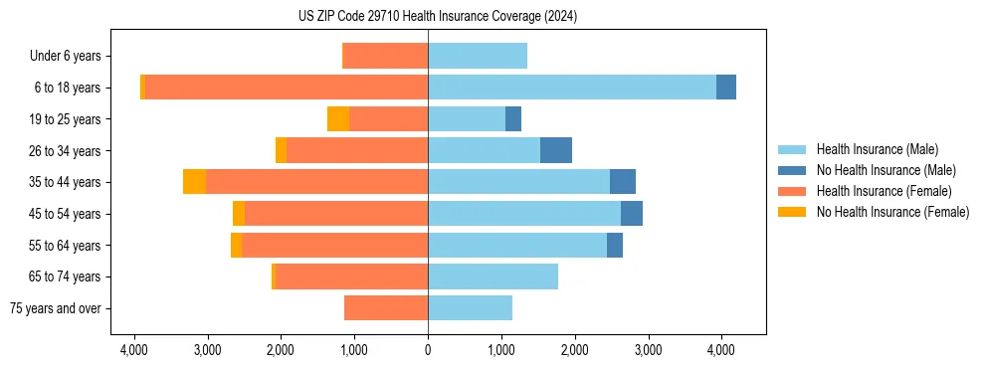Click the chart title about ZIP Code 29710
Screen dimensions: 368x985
438,16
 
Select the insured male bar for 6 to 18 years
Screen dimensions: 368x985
572,88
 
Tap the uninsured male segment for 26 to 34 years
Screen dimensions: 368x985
556,150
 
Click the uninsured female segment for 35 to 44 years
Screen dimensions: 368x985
194,182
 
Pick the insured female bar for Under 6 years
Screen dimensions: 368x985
385,56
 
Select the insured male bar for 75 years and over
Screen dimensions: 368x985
470,308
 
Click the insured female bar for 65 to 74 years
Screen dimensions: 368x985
351,276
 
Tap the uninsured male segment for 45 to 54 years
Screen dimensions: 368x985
632,214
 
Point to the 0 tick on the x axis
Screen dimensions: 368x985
428,350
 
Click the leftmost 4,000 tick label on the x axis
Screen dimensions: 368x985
134,350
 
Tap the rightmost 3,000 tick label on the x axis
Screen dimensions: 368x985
648,350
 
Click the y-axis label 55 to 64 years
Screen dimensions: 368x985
65,246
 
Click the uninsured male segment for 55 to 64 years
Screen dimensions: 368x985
615,245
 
